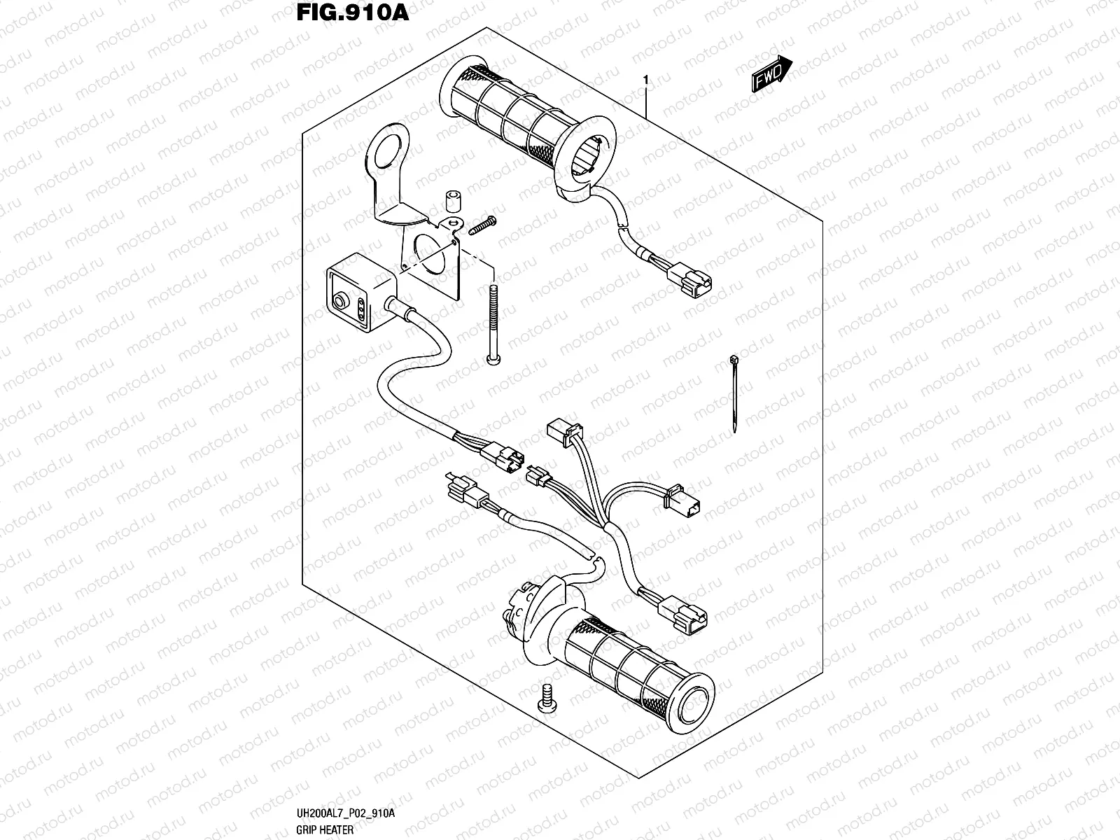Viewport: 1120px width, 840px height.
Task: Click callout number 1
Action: pyautogui.click(x=645, y=81)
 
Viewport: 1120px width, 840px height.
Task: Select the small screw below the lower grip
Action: pyautogui.click(x=547, y=698)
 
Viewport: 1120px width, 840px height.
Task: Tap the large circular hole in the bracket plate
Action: pyautogui.click(x=430, y=255)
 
